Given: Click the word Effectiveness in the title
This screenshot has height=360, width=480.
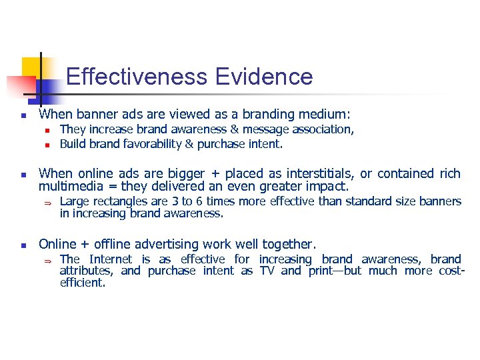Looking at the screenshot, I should [137, 77].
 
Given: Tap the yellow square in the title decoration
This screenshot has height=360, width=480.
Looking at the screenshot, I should [31, 67].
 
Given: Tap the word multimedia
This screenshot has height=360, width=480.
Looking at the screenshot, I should [70, 186].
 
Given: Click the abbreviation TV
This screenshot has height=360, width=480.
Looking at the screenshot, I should [267, 271].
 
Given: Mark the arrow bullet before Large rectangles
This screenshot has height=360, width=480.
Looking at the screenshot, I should [48, 202].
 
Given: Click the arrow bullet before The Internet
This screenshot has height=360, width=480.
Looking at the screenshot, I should [48, 259].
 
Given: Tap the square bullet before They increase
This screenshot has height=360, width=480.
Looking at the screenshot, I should [48, 130].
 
